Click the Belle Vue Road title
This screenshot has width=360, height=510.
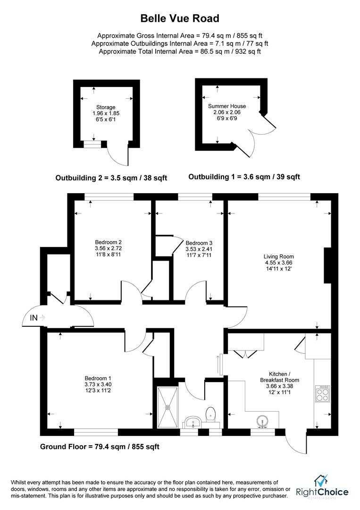pos(180,18)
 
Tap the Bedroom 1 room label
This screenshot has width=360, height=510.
pos(98,378)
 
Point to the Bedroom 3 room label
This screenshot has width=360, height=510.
pos(199,243)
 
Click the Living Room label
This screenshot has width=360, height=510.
pos(279,256)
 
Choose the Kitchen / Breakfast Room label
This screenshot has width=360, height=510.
pos(279,377)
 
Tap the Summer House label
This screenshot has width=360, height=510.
pos(227,106)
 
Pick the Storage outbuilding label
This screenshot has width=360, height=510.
pos(106,107)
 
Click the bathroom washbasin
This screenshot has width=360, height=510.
pos(193,423)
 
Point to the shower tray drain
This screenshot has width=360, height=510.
pos(168,407)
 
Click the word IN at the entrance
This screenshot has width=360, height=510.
pos(34,317)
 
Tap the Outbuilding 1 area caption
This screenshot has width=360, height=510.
pos(244,177)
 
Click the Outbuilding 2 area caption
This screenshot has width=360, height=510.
pos(111,178)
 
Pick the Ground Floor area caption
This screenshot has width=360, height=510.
pos(100,447)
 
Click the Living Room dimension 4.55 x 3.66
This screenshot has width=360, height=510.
pos(278,263)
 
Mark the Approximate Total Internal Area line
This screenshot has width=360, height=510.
pos(180,51)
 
